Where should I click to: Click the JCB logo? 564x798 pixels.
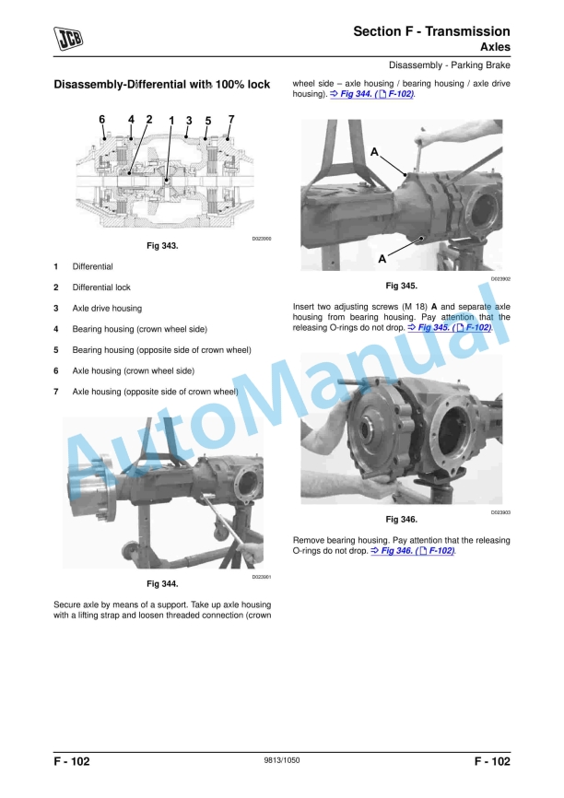pos(69,38)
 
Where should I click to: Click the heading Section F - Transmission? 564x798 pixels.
pos(431,31)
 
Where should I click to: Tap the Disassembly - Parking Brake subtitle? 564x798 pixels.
pos(450,65)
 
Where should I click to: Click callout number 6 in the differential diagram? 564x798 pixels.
pos(102,119)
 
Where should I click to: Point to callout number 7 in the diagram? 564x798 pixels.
pos(230,119)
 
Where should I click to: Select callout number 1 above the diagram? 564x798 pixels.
pos(171,121)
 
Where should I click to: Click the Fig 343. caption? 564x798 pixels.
pos(162,247)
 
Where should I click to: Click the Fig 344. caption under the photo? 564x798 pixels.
pos(162,584)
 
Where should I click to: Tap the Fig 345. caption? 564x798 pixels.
pos(401,286)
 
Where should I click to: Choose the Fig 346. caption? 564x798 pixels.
pos(401,519)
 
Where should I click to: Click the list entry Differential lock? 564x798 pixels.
pos(101,288)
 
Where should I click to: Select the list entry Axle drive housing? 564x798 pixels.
pos(107,309)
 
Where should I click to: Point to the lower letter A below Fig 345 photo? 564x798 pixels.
pos(382,260)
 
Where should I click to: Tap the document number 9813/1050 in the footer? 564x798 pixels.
pos(282,760)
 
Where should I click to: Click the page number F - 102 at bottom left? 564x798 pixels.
pos(72,761)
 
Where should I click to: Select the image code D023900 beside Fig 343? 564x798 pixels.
pos(261,239)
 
